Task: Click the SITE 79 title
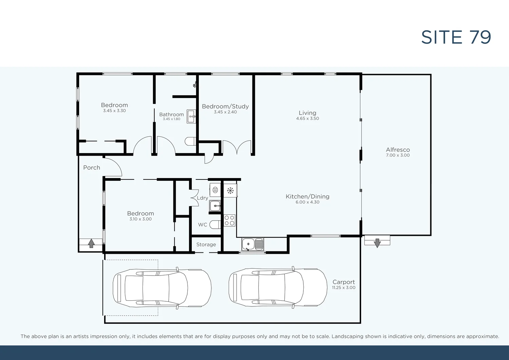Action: (x=456, y=37)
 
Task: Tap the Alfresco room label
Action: (x=398, y=150)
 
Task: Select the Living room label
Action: (x=307, y=113)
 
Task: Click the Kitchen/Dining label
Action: (x=307, y=196)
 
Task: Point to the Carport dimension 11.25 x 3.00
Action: (x=343, y=288)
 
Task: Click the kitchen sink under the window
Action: (x=252, y=244)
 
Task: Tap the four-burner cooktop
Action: (x=229, y=220)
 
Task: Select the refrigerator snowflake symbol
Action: (x=230, y=190)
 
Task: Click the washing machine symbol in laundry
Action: (x=215, y=190)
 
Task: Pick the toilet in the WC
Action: (x=215, y=225)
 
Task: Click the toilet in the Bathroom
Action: (x=191, y=141)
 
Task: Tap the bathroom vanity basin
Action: (x=191, y=116)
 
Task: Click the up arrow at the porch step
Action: (x=91, y=243)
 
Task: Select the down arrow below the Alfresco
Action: (x=377, y=243)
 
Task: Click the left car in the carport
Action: (x=162, y=288)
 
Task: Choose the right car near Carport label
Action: (x=278, y=287)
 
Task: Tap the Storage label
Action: (x=206, y=245)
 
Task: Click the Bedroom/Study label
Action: (x=225, y=107)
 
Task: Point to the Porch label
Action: (x=92, y=168)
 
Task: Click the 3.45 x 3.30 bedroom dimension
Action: (x=114, y=111)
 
